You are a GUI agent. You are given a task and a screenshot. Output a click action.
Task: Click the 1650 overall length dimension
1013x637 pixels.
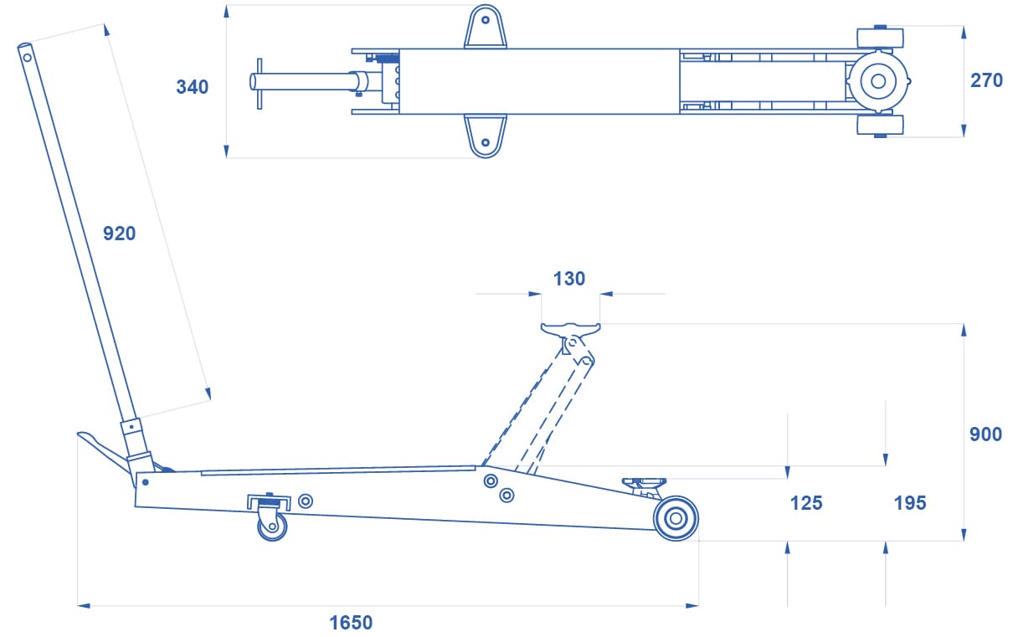coord(351,623)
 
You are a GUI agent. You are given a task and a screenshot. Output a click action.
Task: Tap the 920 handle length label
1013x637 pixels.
coord(120,234)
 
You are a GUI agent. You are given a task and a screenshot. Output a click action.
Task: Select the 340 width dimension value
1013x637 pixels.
coord(193,87)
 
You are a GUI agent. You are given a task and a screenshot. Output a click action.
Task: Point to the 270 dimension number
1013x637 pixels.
coord(987,80)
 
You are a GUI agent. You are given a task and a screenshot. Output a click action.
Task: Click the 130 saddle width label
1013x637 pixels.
coord(569,279)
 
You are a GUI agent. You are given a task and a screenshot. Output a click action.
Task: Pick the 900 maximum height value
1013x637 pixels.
coord(986,434)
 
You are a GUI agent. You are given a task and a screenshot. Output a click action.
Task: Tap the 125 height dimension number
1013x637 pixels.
coord(806,503)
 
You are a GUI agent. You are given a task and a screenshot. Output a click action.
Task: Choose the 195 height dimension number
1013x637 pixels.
coord(910,503)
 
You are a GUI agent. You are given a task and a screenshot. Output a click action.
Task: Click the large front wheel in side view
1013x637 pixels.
coord(676,518)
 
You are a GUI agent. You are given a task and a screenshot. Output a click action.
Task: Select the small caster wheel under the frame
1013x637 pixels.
coord(272,527)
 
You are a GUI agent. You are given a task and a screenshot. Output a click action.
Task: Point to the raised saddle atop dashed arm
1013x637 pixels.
coord(571,330)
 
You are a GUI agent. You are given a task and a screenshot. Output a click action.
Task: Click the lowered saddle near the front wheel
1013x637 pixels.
coord(644,482)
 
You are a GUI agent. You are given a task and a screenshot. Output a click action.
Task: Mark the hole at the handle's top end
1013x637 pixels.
coord(27,58)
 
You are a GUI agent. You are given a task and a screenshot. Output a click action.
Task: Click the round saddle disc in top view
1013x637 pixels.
coord(878,81)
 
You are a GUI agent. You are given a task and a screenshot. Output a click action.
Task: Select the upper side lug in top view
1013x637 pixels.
coord(486,26)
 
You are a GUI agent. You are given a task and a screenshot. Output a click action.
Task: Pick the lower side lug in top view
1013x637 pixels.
coord(486,136)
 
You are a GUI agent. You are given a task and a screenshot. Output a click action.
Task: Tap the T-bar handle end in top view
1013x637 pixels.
coord(260,84)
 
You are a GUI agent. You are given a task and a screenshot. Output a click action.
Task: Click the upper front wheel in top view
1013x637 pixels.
coord(880,37)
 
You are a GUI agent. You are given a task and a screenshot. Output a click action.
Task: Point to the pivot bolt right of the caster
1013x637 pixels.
coord(306,501)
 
